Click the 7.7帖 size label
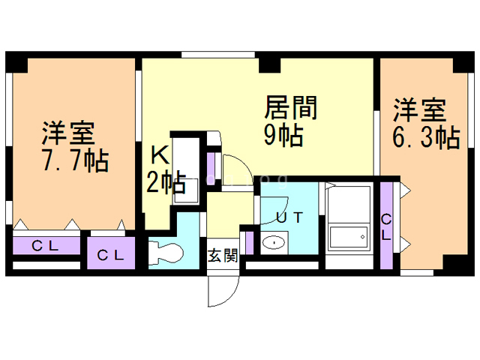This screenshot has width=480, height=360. (75, 161)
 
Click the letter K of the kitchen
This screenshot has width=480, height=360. (160, 156)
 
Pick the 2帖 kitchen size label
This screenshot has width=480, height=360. (166, 182)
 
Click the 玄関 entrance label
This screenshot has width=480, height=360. (223, 255)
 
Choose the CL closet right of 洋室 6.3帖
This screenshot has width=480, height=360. (387, 225)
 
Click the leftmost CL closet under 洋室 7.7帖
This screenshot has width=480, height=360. (46, 244)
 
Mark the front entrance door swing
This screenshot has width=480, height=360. (222, 289)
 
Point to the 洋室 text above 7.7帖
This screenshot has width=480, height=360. (67, 133)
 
